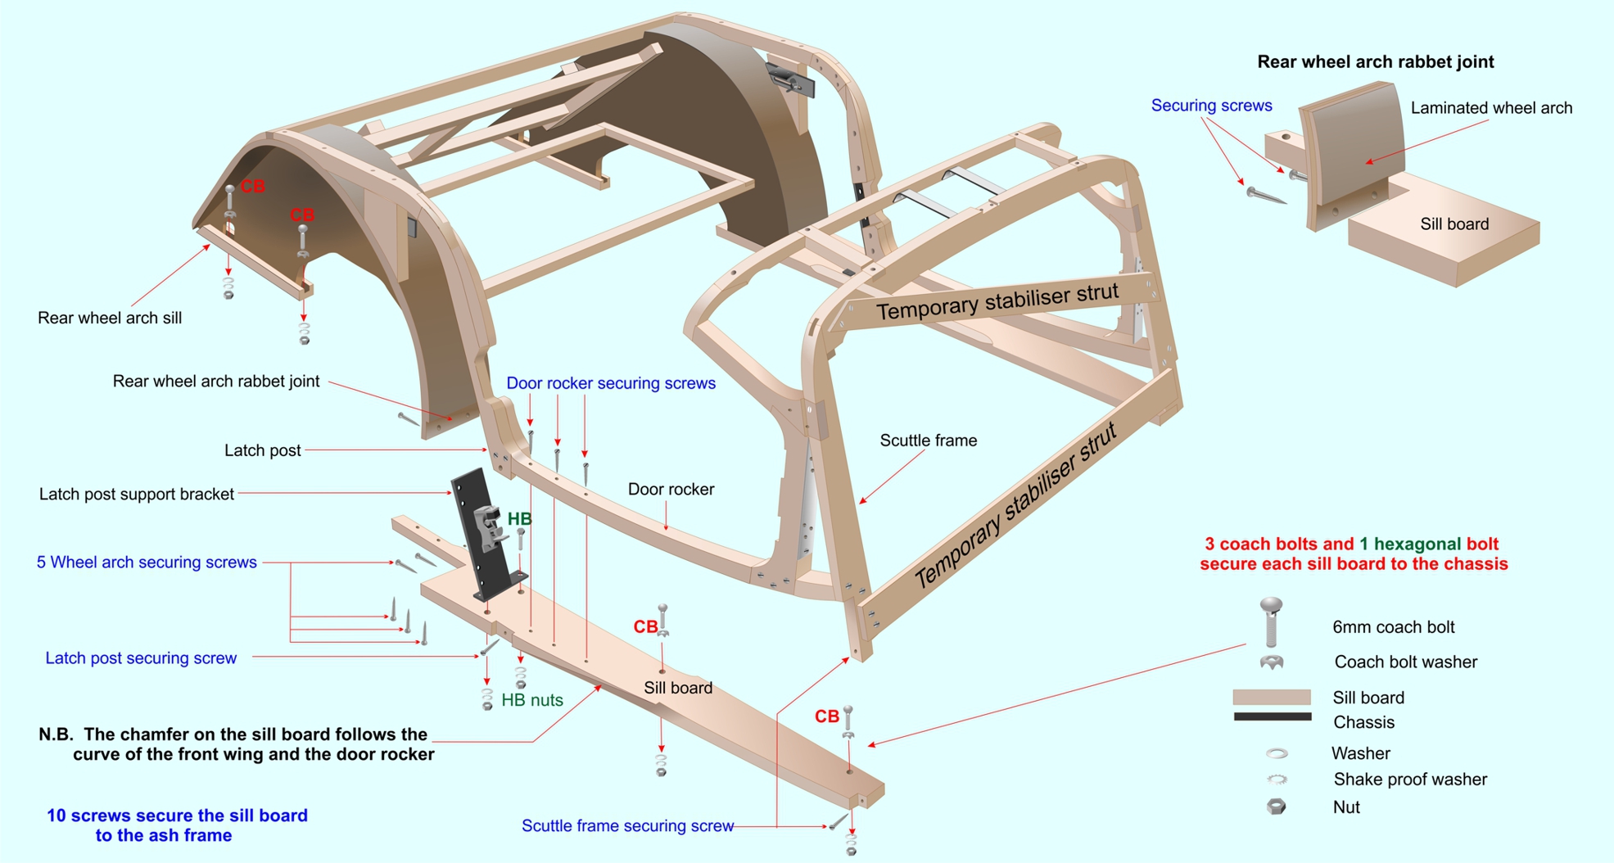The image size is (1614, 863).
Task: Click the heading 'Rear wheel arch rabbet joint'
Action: click(x=1375, y=62)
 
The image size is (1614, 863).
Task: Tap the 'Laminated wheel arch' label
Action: click(x=1491, y=108)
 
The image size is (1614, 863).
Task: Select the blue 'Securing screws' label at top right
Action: click(x=1211, y=106)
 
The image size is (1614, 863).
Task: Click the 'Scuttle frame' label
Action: click(x=928, y=441)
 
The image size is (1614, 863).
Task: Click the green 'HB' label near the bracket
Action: click(x=519, y=519)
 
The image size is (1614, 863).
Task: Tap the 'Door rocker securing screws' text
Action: click(x=610, y=383)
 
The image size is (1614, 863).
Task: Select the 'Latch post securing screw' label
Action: click(x=141, y=658)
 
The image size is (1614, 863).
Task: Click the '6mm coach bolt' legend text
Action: click(x=1393, y=627)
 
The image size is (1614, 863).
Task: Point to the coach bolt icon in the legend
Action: click(x=1271, y=621)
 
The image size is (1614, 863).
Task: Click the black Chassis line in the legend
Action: click(x=1272, y=717)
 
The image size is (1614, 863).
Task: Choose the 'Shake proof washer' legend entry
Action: click(x=1409, y=779)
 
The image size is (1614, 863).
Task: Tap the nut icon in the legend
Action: click(x=1276, y=807)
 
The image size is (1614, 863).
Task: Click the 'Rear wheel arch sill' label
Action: click(x=110, y=319)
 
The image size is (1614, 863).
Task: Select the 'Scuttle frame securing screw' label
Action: click(x=627, y=826)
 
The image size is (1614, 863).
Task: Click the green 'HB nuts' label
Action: click(x=532, y=700)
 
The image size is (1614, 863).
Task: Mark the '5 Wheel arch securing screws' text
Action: click(x=147, y=563)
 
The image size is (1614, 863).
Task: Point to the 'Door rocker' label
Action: click(x=671, y=490)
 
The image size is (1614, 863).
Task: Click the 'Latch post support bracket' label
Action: click(x=137, y=495)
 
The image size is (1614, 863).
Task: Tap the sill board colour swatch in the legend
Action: click(x=1272, y=697)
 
